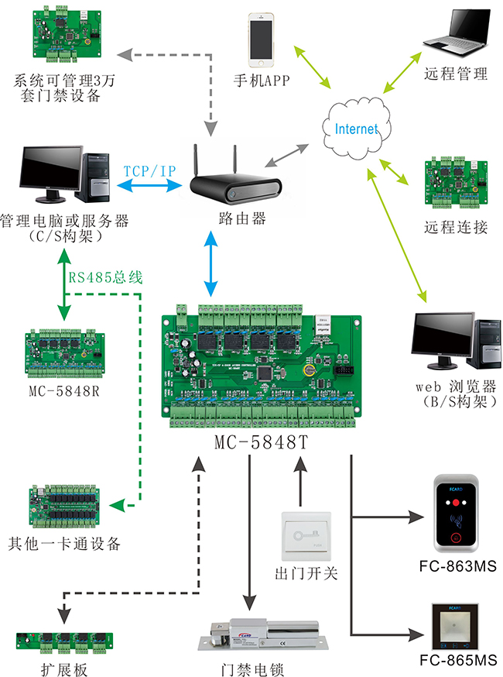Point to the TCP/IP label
tap(149, 170)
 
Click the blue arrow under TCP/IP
tap(149, 186)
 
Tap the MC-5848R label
tap(63, 390)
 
